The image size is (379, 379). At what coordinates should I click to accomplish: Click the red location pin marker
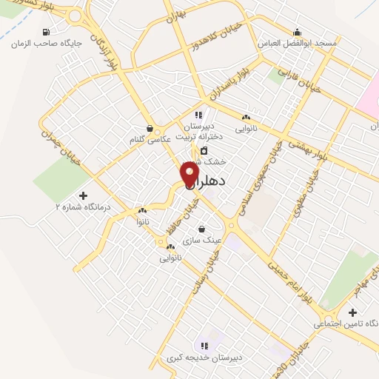[190, 173]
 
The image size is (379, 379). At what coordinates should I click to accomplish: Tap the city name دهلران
[212, 181]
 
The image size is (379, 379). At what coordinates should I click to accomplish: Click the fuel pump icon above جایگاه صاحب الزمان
[47, 32]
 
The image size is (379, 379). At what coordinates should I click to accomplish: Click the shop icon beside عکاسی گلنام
[151, 127]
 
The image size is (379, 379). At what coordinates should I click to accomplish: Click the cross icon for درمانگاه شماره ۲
[93, 195]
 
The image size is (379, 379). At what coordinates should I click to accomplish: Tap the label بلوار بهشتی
[309, 150]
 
